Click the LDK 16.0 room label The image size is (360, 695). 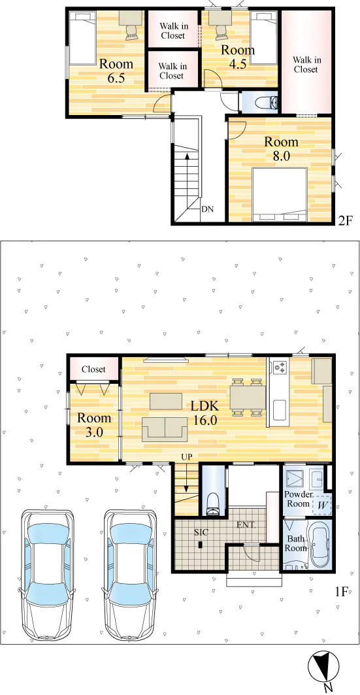coord(204,413)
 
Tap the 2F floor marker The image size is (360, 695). coord(345,220)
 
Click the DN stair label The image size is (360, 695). coord(207,209)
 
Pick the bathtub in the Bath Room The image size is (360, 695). coord(318,545)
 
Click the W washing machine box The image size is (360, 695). coord(321,505)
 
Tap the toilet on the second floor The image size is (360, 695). coord(267,102)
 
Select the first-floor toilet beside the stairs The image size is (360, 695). coord(214,503)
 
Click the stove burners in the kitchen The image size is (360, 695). coord(280,367)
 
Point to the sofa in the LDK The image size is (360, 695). coord(165,429)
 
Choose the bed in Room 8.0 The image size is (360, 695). coord(280,194)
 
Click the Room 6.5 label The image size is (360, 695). coord(116,71)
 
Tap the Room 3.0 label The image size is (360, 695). coord(94,424)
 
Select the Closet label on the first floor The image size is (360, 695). coord(94,369)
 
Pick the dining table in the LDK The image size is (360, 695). coord(248,397)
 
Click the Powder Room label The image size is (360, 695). coord(297,499)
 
